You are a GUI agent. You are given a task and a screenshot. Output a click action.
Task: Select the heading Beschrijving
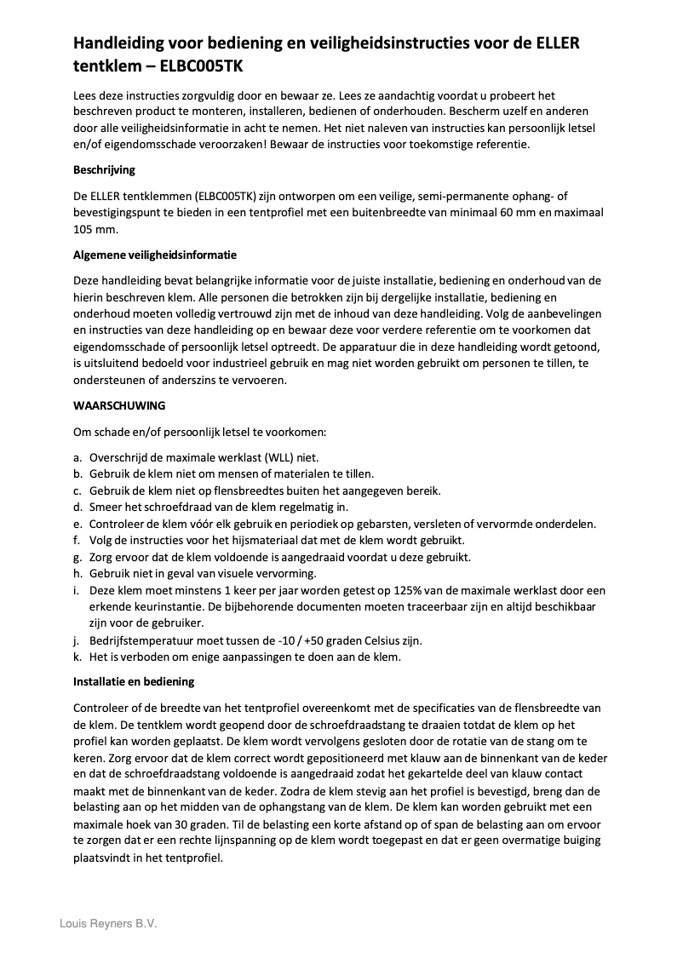coord(104,169)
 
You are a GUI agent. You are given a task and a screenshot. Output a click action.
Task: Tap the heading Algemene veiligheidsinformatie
coord(155,255)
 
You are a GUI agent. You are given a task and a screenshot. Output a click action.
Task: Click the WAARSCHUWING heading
coord(119,405)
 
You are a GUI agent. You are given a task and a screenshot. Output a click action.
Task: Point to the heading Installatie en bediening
coord(135,681)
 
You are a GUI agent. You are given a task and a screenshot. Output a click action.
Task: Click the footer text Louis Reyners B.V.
coord(108,923)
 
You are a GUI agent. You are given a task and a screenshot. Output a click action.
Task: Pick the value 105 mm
coord(92,229)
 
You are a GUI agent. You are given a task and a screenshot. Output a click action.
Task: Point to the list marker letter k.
coord(77,657)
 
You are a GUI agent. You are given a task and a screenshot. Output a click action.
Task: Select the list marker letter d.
coord(77,507)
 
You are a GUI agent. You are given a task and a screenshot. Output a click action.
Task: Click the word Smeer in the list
coord(104,507)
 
